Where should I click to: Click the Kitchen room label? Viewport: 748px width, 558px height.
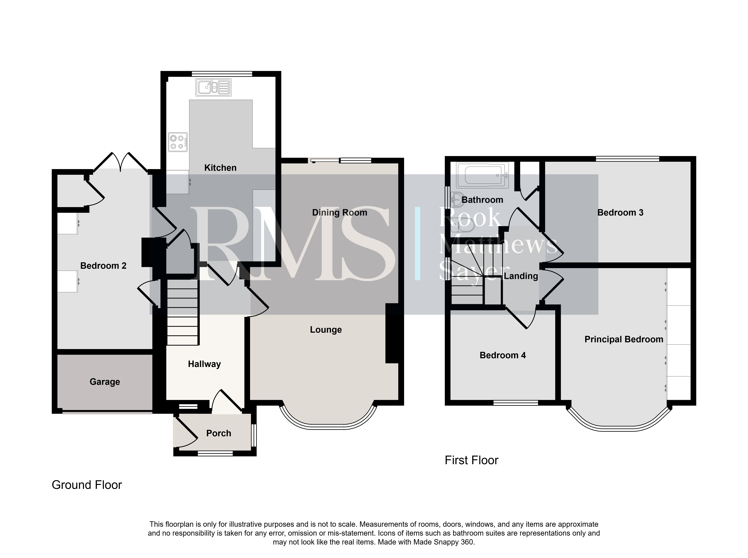click(220, 168)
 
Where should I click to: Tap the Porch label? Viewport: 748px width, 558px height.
click(219, 433)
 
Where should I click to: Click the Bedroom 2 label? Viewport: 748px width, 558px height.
click(103, 266)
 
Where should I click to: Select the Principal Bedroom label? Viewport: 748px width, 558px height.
click(624, 339)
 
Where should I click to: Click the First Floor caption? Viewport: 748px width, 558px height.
click(471, 460)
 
